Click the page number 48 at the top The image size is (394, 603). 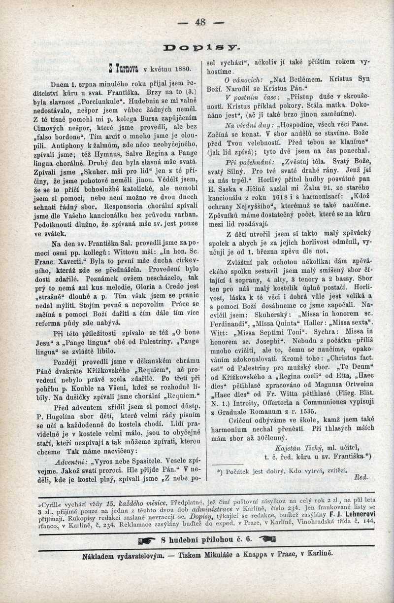click(200, 22)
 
